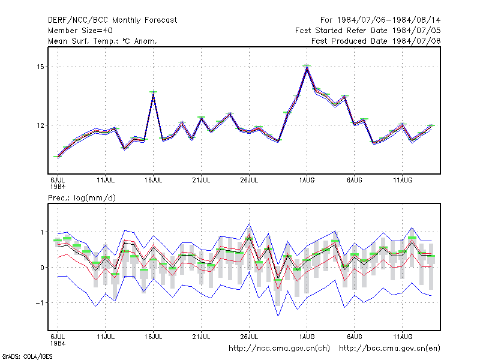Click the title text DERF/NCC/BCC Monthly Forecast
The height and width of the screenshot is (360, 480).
(x=112, y=20)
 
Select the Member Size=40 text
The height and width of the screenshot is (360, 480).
(x=80, y=31)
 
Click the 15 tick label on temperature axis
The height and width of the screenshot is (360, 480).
(x=40, y=67)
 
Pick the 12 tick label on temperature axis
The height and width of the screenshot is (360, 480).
(x=40, y=125)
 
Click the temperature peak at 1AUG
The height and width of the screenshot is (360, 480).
(x=307, y=68)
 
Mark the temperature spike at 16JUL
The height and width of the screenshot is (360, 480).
(x=154, y=94)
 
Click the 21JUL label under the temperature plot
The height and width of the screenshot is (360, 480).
(x=201, y=181)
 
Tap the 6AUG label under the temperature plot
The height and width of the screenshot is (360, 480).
(x=355, y=181)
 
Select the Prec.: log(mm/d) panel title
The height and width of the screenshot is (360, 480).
(x=82, y=198)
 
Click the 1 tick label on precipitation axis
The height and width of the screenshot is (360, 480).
(x=42, y=232)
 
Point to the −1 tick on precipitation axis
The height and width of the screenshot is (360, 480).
(x=40, y=303)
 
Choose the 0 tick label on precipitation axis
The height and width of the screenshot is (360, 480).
(x=42, y=268)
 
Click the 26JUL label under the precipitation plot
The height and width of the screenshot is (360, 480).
(x=249, y=337)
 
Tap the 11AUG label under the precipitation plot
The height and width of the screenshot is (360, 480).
(x=403, y=337)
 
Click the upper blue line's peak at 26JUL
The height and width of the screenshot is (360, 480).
(x=249, y=224)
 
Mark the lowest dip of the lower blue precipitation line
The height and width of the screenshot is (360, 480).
(x=278, y=316)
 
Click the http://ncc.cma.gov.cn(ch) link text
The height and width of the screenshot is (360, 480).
(x=279, y=349)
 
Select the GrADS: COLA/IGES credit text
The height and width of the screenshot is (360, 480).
(x=27, y=356)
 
